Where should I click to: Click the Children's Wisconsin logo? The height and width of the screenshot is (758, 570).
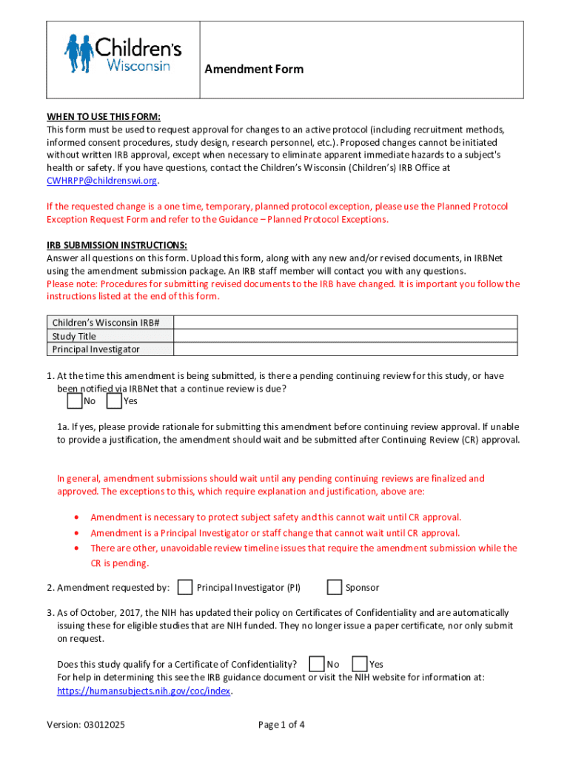coord(123,54)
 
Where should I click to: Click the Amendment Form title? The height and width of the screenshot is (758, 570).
coord(254,69)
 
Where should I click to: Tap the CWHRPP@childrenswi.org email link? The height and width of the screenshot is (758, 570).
coord(102,181)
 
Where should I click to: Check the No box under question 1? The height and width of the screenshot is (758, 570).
coord(74,401)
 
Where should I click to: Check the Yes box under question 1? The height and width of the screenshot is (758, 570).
coord(114,401)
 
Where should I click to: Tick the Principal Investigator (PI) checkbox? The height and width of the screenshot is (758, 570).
coord(187,588)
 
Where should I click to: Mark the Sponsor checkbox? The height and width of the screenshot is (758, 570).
coord(334,588)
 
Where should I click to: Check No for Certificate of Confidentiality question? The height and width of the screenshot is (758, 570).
coord(317,664)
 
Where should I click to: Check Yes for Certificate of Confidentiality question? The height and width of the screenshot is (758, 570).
coord(360,664)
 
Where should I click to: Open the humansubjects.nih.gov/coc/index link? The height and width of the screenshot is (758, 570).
coord(144,691)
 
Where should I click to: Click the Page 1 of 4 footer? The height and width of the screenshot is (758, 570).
coord(281,725)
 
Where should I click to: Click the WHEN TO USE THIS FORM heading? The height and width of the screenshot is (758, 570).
coord(104,116)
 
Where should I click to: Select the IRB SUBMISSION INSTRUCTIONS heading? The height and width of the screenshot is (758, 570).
coord(117,245)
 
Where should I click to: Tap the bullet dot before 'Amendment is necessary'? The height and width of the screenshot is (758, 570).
coord(78,517)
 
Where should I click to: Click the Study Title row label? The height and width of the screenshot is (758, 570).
coord(74,336)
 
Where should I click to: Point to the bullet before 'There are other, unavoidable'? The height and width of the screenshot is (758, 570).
coord(78,549)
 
